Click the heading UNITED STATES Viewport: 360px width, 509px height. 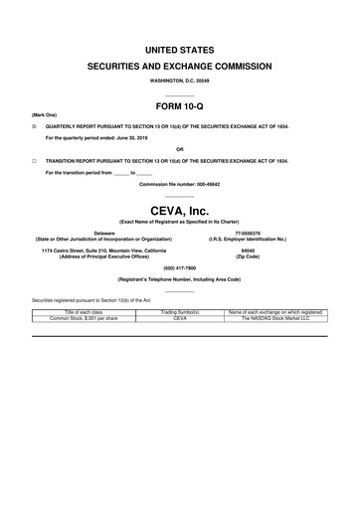click(180, 49)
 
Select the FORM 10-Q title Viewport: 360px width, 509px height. click(180, 104)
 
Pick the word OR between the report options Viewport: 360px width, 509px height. click(180, 149)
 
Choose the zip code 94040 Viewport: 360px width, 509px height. click(248, 250)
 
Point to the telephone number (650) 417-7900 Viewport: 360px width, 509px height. click(180, 267)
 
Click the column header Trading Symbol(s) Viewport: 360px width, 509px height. click(180, 312)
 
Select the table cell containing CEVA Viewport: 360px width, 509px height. click(180, 318)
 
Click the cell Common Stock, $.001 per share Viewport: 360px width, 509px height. click(85, 318)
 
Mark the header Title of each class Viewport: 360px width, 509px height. click(85, 312)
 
